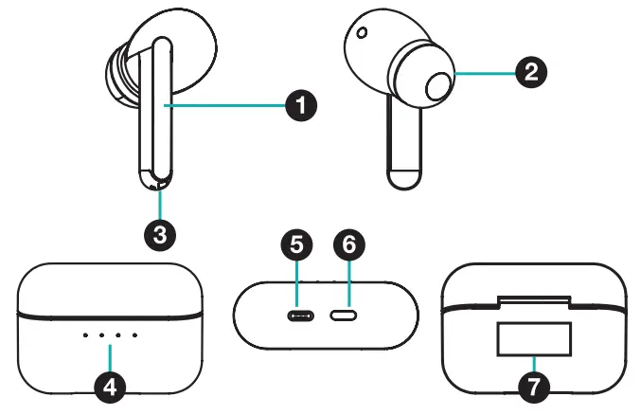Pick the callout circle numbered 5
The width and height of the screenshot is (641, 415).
pyautogui.click(x=297, y=245)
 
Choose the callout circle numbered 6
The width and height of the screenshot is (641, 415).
pyautogui.click(x=348, y=245)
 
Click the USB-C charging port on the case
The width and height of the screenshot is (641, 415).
pyautogui.click(x=300, y=316)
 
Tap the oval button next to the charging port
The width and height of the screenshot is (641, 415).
pyautogui.click(x=343, y=316)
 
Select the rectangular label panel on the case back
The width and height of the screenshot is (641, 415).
pyautogui.click(x=534, y=339)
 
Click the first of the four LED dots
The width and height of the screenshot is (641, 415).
pyautogui.click(x=86, y=334)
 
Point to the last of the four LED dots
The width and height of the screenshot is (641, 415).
pyautogui.click(x=134, y=334)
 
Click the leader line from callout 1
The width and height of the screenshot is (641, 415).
pyautogui.click(x=227, y=107)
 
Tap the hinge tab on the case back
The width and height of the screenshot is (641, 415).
pyautogui.click(x=533, y=302)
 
